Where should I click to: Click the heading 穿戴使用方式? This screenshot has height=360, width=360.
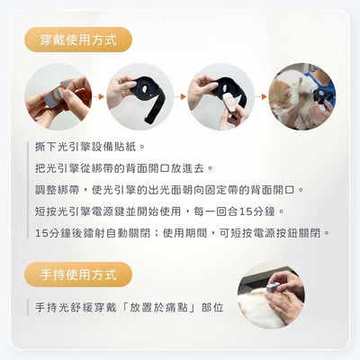tap(78, 40)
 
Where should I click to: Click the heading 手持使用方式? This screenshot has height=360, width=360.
tap(78, 274)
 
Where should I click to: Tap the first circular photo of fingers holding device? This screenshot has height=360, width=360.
tap(58, 96)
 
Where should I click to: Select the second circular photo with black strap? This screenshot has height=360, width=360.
tap(139, 96)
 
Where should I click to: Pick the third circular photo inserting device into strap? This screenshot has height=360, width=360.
tap(220, 96)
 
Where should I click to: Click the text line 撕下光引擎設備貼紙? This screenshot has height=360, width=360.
tap(90, 146)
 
